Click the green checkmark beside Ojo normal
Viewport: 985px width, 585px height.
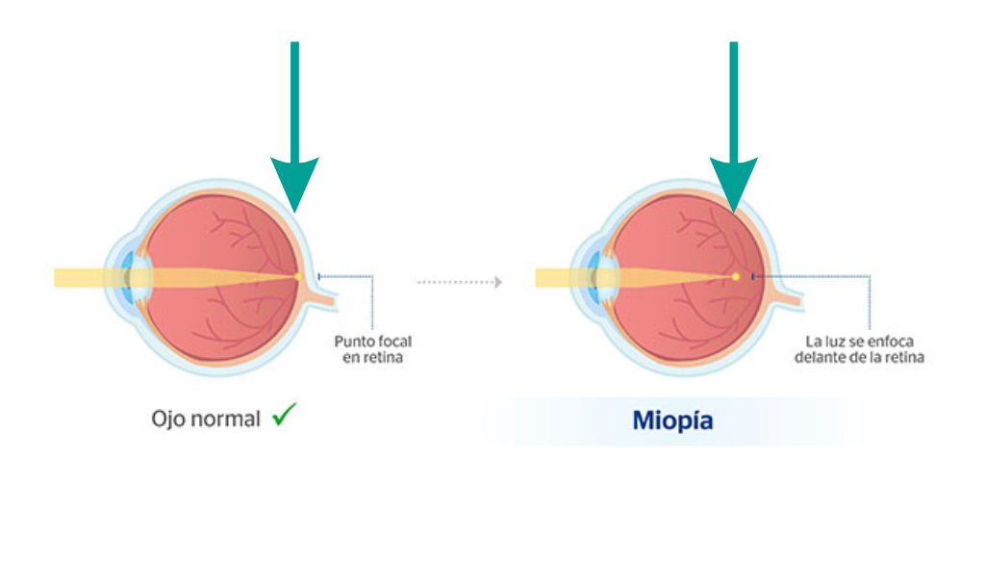point(284,415)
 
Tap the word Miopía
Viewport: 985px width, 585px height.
point(672,420)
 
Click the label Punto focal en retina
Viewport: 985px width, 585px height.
point(373,349)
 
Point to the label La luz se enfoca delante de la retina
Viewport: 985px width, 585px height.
point(859,349)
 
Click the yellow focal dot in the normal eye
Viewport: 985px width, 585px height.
point(298,276)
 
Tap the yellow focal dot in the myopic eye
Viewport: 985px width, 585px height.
point(736,276)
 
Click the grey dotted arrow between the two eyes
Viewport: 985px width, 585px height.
point(460,282)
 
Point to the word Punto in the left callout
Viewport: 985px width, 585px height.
point(352,342)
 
